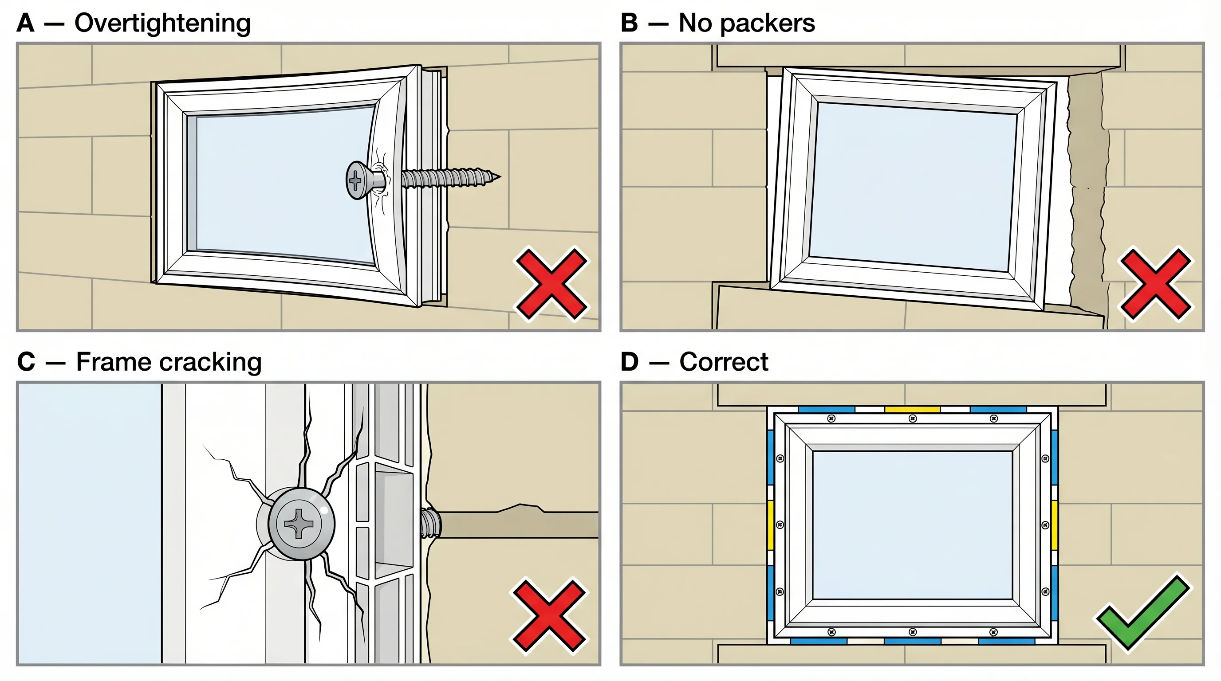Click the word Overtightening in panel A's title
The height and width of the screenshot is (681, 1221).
click(x=162, y=23)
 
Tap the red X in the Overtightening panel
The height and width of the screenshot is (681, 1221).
click(x=551, y=284)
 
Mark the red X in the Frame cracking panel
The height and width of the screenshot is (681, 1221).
click(x=549, y=615)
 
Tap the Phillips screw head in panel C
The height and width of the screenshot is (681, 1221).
click(x=299, y=524)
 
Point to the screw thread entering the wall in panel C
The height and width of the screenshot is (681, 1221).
click(x=430, y=524)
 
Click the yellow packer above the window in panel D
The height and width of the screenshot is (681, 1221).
click(x=912, y=409)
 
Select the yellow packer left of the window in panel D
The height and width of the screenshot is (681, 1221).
click(x=770, y=525)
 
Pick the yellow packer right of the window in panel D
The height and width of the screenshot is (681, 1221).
click(x=1054, y=525)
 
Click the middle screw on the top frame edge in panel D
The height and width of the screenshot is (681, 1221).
click(x=913, y=419)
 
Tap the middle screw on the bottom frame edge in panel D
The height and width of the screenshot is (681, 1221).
click(x=913, y=632)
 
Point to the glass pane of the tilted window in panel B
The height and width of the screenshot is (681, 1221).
click(x=913, y=187)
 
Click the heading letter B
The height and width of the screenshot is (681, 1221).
click(x=629, y=23)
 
